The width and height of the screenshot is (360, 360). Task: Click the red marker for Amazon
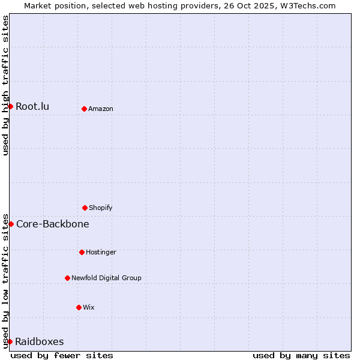(x=84, y=109)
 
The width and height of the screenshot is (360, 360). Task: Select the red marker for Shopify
(x=85, y=208)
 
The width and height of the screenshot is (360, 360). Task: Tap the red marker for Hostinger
(x=82, y=252)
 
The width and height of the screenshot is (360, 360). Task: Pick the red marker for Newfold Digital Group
(x=67, y=278)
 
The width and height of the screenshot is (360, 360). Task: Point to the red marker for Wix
(x=79, y=307)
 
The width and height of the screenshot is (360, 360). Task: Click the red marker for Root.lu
(x=10, y=106)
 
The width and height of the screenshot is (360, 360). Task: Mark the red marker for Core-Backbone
(x=11, y=224)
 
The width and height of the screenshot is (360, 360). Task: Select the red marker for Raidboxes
(x=10, y=341)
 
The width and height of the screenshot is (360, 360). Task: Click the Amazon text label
(x=101, y=109)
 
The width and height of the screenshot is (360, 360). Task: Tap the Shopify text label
(x=101, y=208)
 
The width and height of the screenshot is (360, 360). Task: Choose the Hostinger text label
(x=101, y=252)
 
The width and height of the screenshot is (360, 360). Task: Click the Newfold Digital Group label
(x=106, y=278)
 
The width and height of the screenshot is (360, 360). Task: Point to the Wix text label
(x=89, y=307)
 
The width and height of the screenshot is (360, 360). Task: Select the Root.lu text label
(x=32, y=107)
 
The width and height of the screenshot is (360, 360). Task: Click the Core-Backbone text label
(x=53, y=224)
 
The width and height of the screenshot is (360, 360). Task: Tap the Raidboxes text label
(x=40, y=342)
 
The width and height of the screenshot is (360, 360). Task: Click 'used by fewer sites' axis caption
(x=62, y=355)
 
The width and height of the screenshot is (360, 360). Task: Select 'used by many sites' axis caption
(x=301, y=355)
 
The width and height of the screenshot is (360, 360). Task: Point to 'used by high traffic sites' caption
(x=5, y=85)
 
